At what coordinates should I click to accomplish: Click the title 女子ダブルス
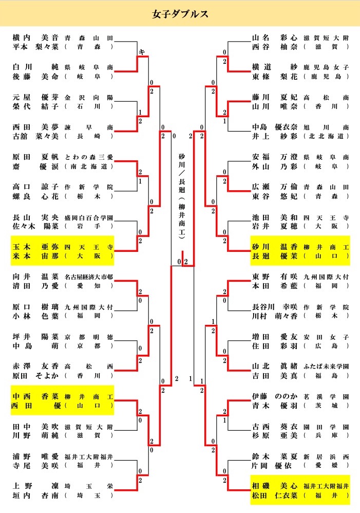(x=180, y=14)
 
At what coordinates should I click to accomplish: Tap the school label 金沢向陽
(x=88, y=98)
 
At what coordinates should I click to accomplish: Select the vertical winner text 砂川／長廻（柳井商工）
(x=181, y=195)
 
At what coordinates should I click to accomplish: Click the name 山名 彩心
(x=275, y=38)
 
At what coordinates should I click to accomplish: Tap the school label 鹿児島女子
(x=327, y=67)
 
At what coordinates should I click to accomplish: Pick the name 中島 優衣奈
(x=275, y=127)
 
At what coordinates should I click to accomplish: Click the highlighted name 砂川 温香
(x=275, y=247)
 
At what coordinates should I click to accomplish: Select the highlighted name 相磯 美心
(x=275, y=486)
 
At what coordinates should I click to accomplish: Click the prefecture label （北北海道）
(x=327, y=136)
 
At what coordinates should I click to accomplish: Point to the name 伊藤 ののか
(x=275, y=397)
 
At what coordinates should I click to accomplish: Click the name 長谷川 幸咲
(x=275, y=307)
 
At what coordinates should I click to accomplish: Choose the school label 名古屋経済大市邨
(x=89, y=277)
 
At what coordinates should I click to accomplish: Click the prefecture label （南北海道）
(x=89, y=166)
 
